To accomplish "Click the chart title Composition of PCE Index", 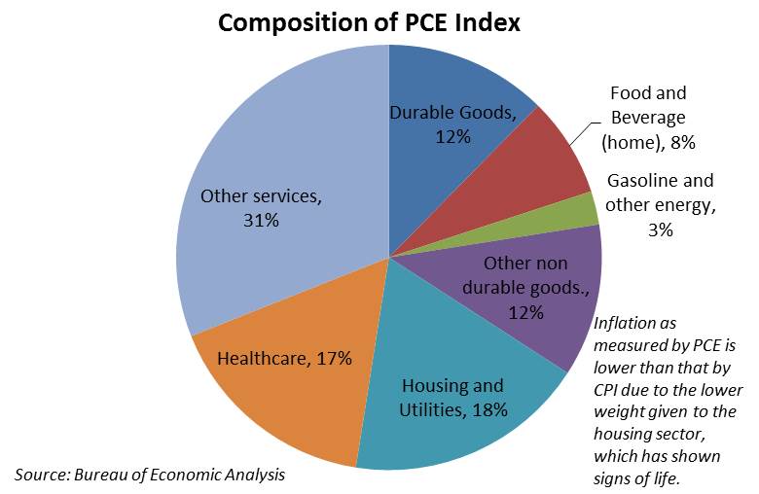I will [369, 22].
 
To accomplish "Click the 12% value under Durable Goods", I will [452, 137].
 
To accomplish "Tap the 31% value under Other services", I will [261, 221].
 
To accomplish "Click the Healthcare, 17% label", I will [284, 358].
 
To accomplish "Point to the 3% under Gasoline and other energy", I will [660, 230].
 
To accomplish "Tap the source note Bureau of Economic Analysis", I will [150, 474].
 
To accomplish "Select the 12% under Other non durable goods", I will [525, 312].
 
